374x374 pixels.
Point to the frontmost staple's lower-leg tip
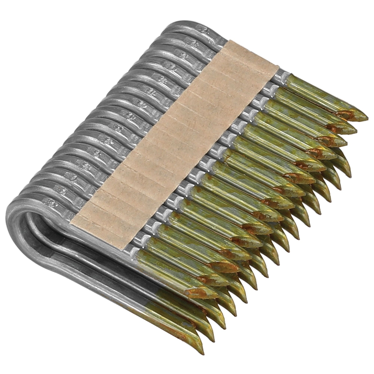coord(202,352)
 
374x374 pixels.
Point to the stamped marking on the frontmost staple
coord(49,202)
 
